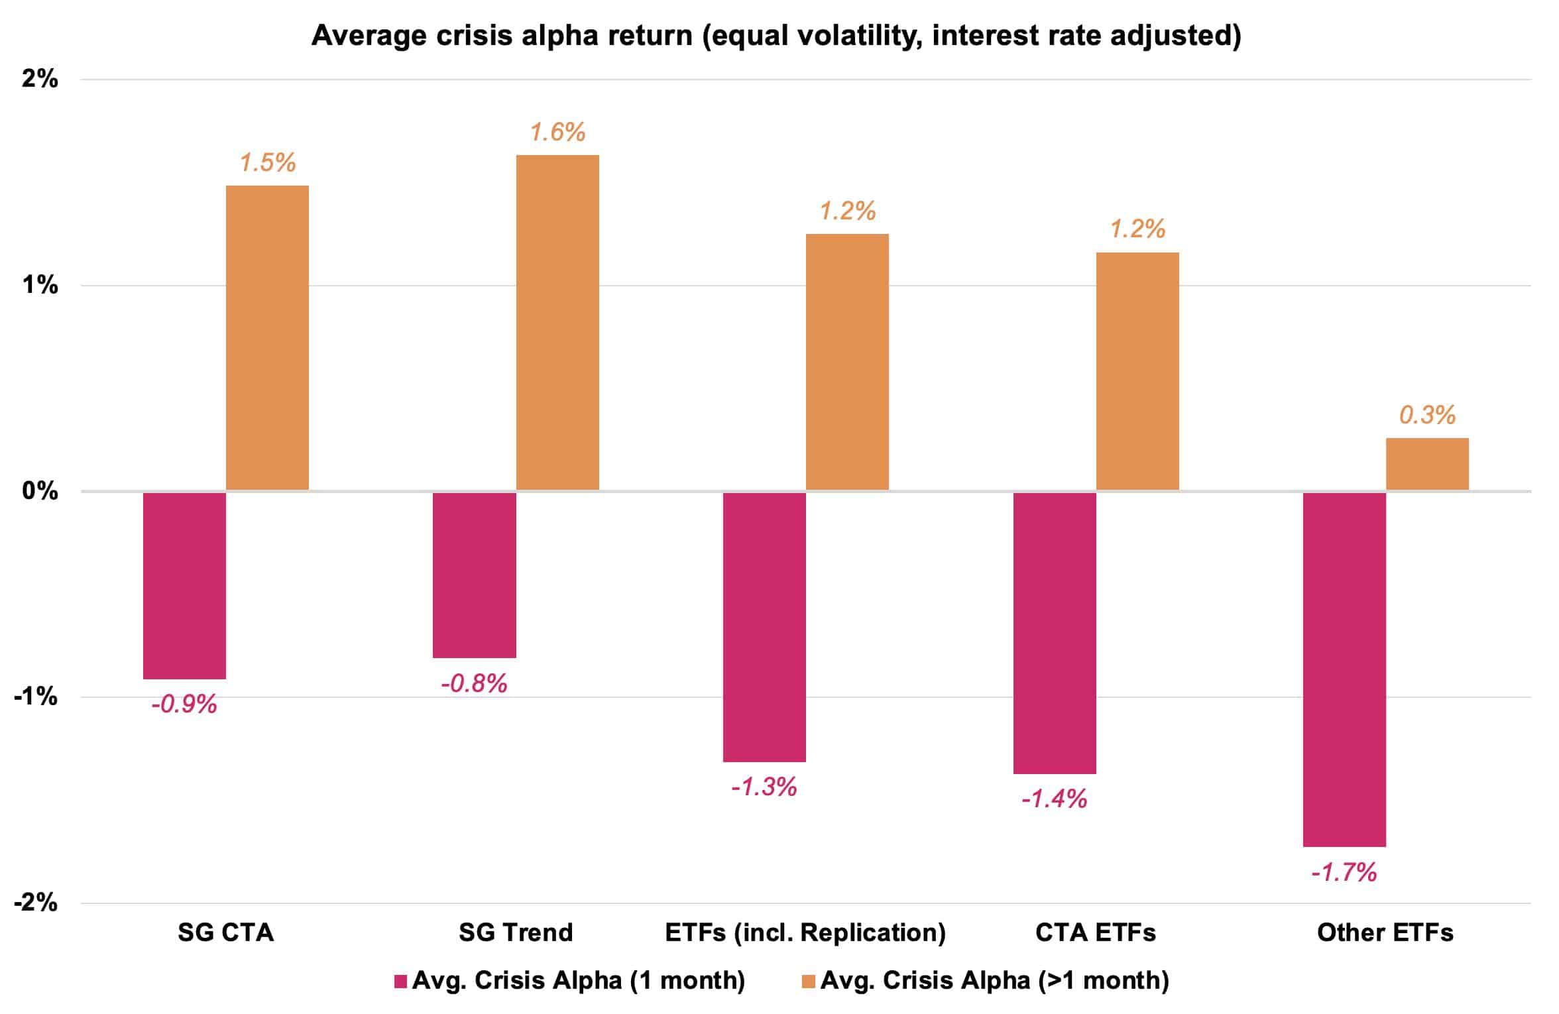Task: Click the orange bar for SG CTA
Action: [x=267, y=338]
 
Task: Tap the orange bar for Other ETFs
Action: [x=1427, y=464]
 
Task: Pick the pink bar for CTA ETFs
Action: [x=1055, y=632]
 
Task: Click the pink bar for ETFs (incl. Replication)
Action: [x=764, y=626]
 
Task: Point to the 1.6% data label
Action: [x=557, y=133]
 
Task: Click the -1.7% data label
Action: [x=1344, y=873]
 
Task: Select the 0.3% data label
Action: [x=1427, y=416]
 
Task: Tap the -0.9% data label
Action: [x=184, y=704]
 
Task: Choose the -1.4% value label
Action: [x=1054, y=799]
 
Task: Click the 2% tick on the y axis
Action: [x=40, y=80]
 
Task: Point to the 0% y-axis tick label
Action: [x=40, y=491]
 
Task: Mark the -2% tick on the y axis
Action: [x=36, y=903]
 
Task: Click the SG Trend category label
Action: [x=516, y=932]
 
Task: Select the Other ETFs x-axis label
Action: [x=1385, y=932]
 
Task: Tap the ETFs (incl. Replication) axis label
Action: [x=805, y=932]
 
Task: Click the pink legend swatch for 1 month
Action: [x=400, y=982]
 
